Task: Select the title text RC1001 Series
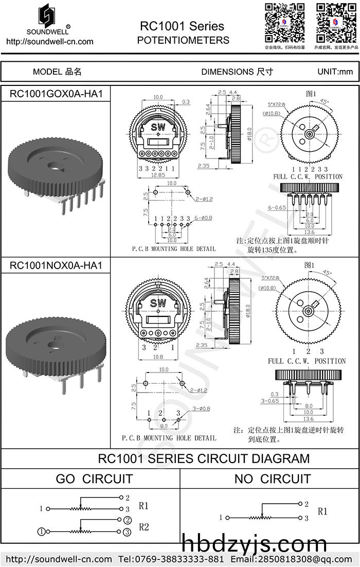click(x=182, y=26)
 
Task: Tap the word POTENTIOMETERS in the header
click(x=183, y=40)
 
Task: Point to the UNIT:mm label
click(x=335, y=72)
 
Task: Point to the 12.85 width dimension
click(x=159, y=175)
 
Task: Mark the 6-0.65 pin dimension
click(x=277, y=207)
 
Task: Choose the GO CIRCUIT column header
click(x=94, y=479)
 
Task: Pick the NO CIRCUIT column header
click(x=272, y=479)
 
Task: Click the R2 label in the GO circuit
click(x=143, y=526)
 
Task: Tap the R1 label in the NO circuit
click(x=322, y=511)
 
